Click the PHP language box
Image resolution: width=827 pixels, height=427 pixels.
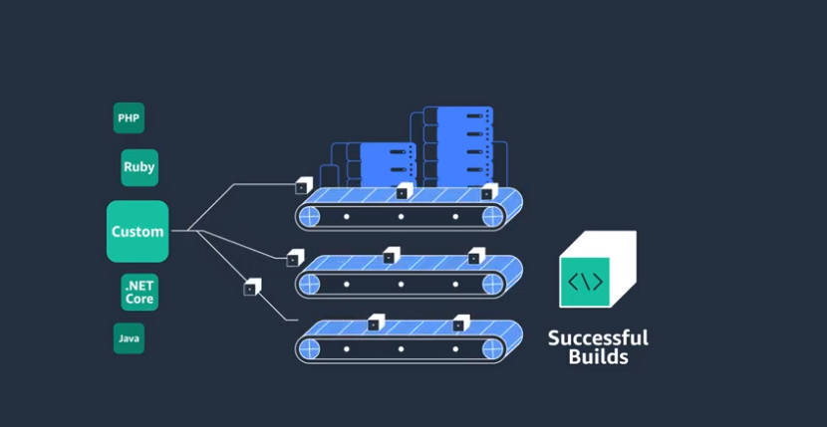click(129, 118)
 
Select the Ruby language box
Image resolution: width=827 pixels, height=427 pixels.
click(138, 167)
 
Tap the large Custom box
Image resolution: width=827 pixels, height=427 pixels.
click(138, 232)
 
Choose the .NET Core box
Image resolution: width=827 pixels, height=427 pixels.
click(138, 293)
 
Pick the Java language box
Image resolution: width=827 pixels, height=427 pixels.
click(129, 338)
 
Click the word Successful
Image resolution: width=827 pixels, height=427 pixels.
click(598, 337)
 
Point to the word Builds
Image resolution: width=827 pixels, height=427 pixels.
click(598, 356)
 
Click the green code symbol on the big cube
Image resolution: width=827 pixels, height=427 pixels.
click(585, 281)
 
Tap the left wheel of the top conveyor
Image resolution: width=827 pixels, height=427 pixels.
click(309, 216)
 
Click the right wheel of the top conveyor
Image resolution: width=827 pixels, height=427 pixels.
click(494, 216)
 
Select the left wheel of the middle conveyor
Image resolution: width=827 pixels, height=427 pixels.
click(309, 284)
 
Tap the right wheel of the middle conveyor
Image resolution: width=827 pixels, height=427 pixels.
click(494, 284)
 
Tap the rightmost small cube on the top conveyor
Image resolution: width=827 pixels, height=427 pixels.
click(488, 192)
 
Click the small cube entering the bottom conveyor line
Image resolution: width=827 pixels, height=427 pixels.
click(251, 288)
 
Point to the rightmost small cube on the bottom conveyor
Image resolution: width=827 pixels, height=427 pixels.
click(460, 323)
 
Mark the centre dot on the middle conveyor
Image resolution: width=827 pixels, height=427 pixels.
click(402, 284)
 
